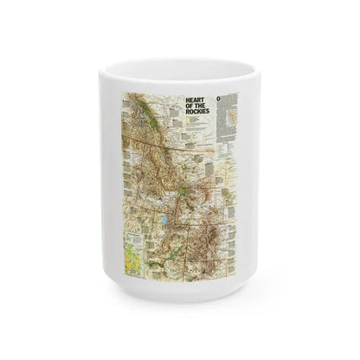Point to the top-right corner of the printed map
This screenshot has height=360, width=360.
tap(240, 89)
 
